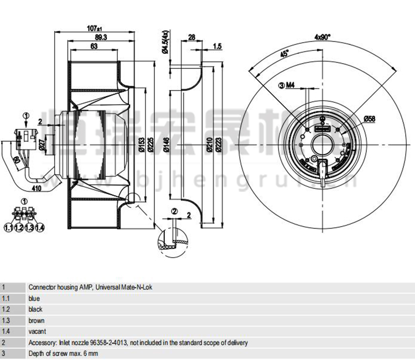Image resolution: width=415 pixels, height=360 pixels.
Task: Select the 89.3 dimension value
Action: (100, 38)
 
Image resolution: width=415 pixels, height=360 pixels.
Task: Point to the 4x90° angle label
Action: (322, 37)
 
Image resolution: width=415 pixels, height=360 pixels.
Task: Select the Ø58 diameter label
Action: (370, 118)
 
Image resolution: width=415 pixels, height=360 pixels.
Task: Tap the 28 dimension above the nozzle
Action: (192, 38)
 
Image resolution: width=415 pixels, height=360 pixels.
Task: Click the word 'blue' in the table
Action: (34, 299)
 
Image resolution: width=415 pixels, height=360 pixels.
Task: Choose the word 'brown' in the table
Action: (36, 321)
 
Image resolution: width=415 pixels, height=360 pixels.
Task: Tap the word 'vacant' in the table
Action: (37, 332)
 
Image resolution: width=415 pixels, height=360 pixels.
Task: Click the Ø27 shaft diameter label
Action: (42, 145)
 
